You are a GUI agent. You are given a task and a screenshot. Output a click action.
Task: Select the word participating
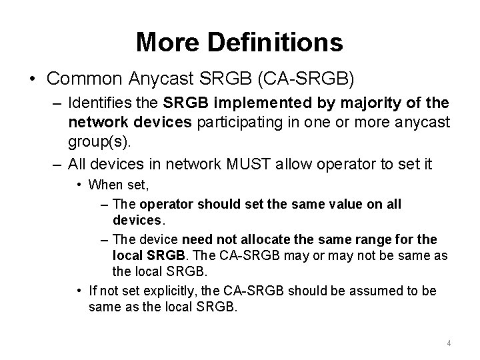[x=225, y=122]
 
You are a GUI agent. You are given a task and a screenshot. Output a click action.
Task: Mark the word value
[x=341, y=204]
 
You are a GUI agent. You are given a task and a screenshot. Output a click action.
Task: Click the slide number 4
[x=449, y=343]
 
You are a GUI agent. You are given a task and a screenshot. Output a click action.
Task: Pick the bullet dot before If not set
[x=79, y=291]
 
